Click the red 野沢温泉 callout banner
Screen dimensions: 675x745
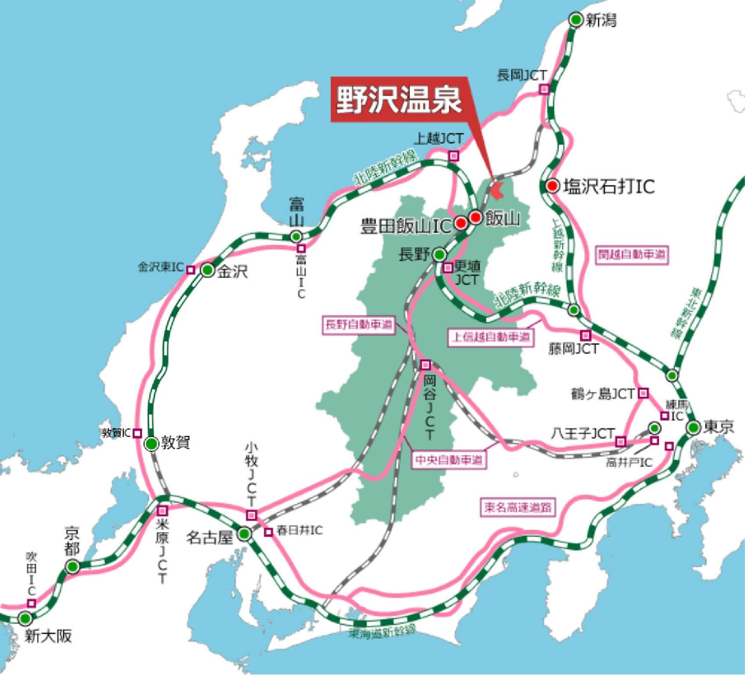point(399,100)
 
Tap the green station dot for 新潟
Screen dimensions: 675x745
point(575,20)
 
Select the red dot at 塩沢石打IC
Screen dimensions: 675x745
point(553,186)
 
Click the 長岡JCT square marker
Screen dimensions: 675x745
point(544,89)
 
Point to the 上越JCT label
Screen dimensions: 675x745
point(438,139)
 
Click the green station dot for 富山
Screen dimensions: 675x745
point(297,237)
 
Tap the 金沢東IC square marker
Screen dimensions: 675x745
point(190,270)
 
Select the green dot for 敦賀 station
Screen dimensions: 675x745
point(151,444)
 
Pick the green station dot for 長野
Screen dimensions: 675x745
point(439,254)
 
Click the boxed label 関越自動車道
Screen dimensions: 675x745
point(632,255)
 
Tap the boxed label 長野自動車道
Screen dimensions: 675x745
point(358,325)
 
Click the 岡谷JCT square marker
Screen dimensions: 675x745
point(426,365)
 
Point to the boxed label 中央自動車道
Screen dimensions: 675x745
point(449,460)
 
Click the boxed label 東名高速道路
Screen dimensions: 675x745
point(518,508)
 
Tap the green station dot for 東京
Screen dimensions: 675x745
point(693,427)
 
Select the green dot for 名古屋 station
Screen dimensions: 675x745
point(244,534)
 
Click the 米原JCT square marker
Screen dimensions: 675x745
point(163,511)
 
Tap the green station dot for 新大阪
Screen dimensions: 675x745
point(25,619)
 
